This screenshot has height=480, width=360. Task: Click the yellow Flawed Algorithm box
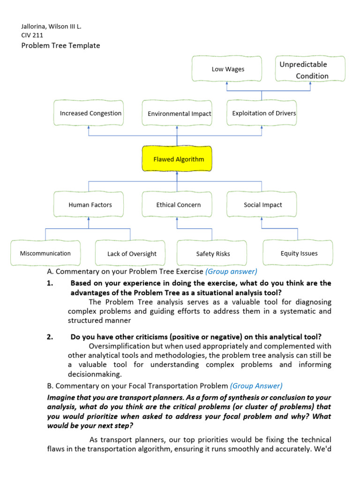pos(177,159)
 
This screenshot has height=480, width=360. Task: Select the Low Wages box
pos(228,69)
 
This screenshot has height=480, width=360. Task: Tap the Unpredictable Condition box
pos(310,69)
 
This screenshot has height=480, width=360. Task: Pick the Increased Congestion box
pos(89,113)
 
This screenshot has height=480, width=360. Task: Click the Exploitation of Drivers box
pos(262,113)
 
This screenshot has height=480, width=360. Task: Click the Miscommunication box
pos(45,253)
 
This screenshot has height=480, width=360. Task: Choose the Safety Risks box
pos(212,254)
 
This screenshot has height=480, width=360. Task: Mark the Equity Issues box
pos(298,253)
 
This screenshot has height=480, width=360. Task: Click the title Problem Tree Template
pos(60,45)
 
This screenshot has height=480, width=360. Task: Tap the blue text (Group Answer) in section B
pos(256,386)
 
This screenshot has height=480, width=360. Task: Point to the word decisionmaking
pos(94,374)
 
